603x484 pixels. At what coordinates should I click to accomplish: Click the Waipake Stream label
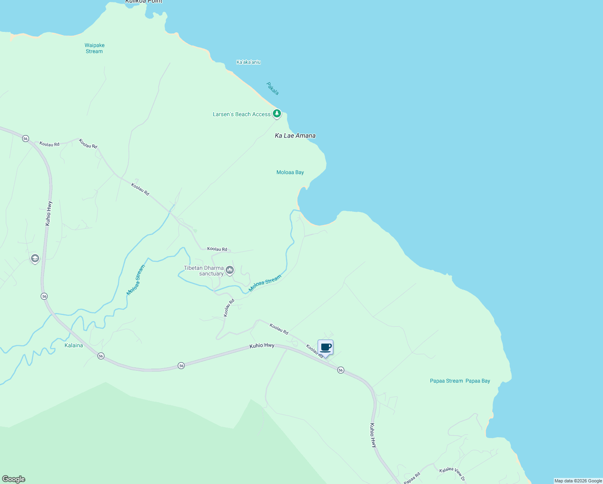pyautogui.click(x=94, y=48)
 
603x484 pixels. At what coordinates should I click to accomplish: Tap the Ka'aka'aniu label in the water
pyautogui.click(x=248, y=62)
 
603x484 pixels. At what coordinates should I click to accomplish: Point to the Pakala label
pyautogui.click(x=272, y=88)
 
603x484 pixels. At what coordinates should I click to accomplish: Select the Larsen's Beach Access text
pyautogui.click(x=241, y=115)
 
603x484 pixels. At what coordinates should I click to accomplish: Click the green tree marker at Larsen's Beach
pyautogui.click(x=277, y=114)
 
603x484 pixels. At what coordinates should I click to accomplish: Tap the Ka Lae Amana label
pyautogui.click(x=295, y=136)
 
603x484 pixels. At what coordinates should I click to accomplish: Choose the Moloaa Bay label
pyautogui.click(x=290, y=172)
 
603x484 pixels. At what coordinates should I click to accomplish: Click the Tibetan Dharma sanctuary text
pyautogui.click(x=204, y=271)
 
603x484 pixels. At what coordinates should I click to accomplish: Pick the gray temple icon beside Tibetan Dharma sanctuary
pyautogui.click(x=230, y=270)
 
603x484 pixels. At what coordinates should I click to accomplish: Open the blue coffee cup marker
pyautogui.click(x=326, y=347)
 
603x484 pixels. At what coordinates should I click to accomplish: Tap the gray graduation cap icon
pyautogui.click(x=35, y=258)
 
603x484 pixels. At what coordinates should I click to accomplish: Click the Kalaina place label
pyautogui.click(x=74, y=345)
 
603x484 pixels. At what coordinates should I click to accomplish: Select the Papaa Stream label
pyautogui.click(x=446, y=381)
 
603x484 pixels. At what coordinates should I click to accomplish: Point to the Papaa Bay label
pyautogui.click(x=478, y=381)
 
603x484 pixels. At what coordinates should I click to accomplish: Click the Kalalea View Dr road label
pyautogui.click(x=452, y=474)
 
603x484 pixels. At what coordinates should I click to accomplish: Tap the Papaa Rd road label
pyautogui.click(x=412, y=478)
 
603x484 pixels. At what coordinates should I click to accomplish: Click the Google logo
pyautogui.click(x=14, y=479)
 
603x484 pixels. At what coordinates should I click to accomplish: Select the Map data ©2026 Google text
pyautogui.click(x=578, y=481)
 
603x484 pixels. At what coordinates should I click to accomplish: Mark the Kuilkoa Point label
pyautogui.click(x=144, y=2)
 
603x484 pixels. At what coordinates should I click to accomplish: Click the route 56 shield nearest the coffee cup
pyautogui.click(x=341, y=370)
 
